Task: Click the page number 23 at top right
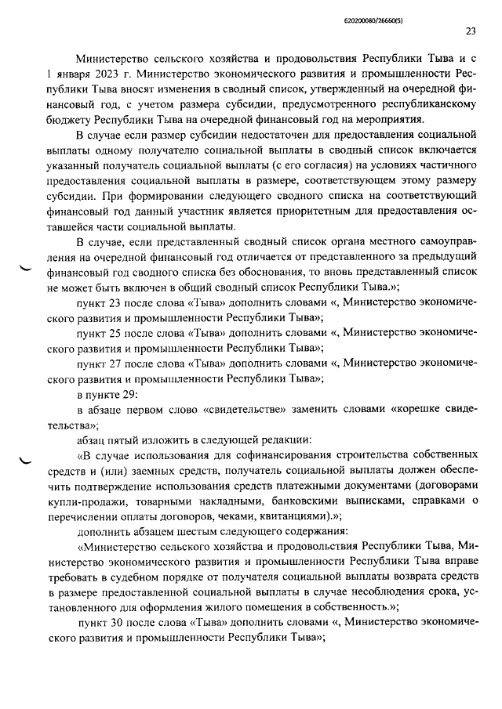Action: point(471,32)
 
